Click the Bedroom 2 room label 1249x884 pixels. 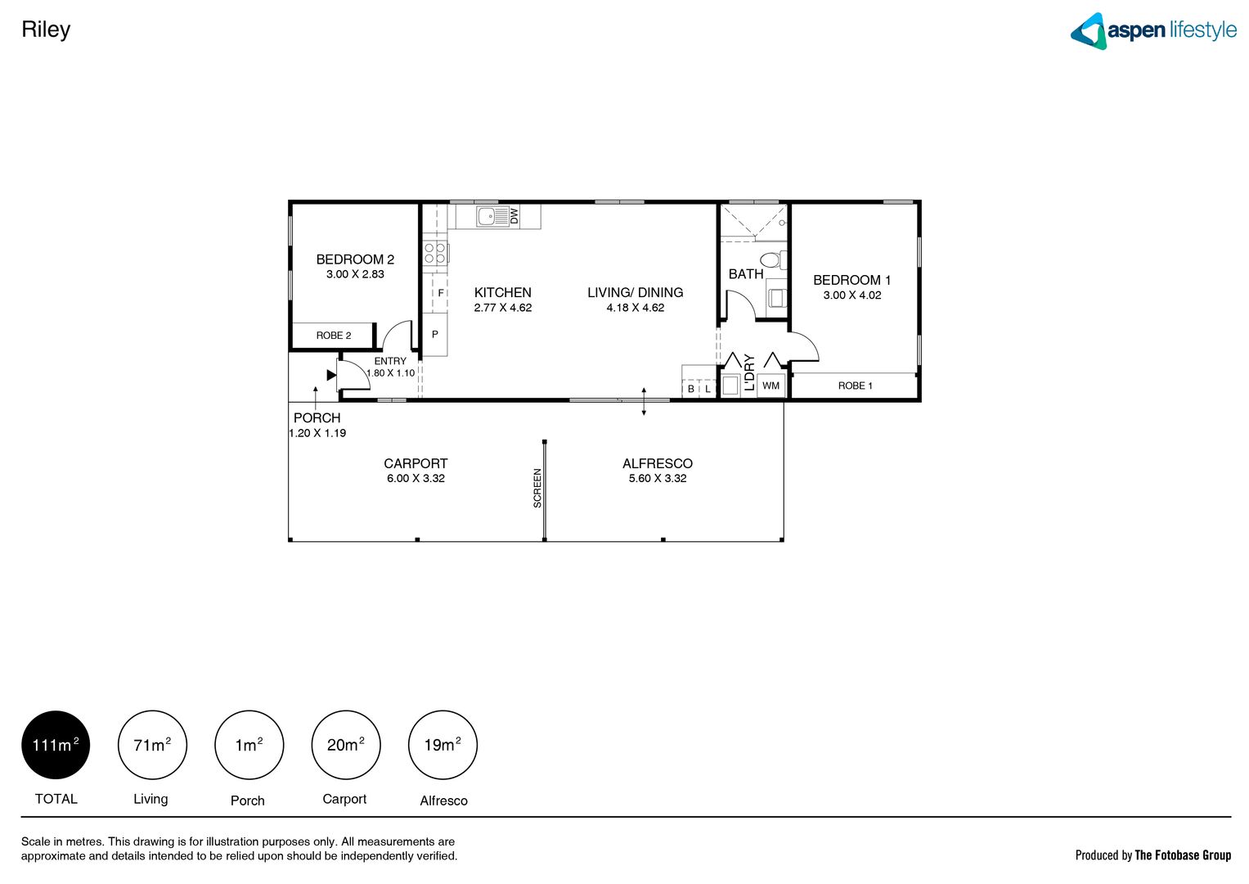(355, 259)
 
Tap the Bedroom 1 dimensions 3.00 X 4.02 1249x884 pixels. (851, 295)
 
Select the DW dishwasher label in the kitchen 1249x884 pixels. (514, 216)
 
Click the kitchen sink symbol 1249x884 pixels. (492, 216)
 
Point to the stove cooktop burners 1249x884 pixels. (434, 253)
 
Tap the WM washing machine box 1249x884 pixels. (771, 386)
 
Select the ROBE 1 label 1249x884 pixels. (855, 386)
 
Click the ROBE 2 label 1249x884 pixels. (334, 336)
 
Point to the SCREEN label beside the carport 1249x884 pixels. (537, 488)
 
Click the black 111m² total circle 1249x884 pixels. (56, 745)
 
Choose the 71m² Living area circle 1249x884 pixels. (152, 745)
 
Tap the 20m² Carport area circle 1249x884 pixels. (345, 745)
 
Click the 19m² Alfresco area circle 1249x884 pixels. (443, 745)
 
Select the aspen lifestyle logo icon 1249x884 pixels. (1089, 31)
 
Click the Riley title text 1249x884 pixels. (46, 29)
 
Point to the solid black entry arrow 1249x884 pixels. (331, 375)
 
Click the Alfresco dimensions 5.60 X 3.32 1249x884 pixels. (657, 479)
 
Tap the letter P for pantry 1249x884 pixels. (435, 334)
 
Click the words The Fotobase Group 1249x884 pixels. (1182, 855)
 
